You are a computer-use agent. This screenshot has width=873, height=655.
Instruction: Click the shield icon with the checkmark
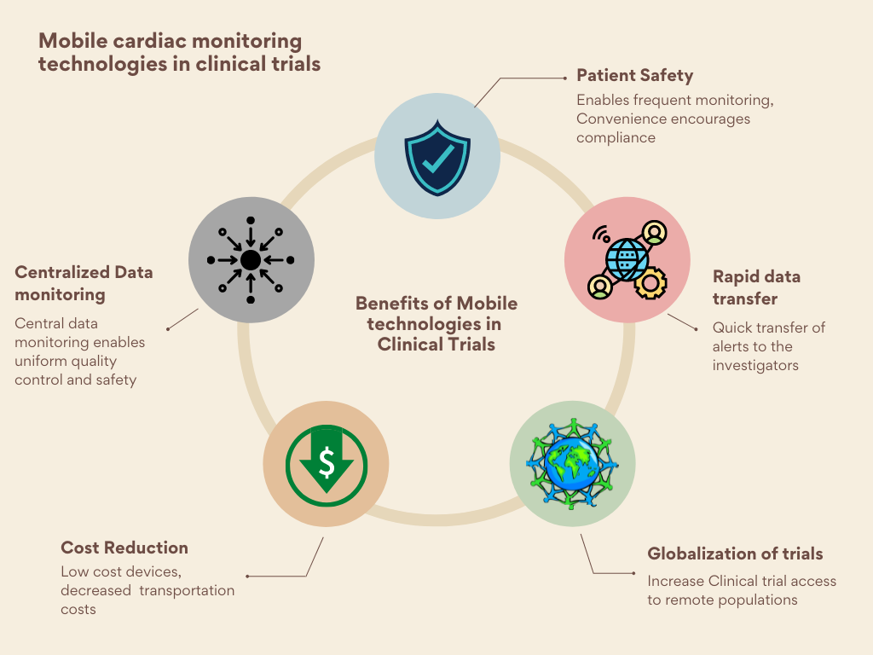click(x=437, y=158)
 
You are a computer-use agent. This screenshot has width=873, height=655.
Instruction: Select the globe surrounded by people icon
click(x=572, y=463)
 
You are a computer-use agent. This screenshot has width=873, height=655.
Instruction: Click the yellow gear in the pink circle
click(x=650, y=283)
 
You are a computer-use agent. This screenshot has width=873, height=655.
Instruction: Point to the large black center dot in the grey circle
click(x=251, y=260)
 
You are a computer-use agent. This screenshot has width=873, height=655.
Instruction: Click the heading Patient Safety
click(x=634, y=75)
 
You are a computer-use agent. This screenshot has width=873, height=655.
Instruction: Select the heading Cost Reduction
click(x=124, y=548)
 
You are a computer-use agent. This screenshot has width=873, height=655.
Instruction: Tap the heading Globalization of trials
click(x=735, y=554)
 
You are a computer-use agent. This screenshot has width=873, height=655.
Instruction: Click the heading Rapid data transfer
click(x=757, y=287)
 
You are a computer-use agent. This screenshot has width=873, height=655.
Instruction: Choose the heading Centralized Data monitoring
click(x=84, y=283)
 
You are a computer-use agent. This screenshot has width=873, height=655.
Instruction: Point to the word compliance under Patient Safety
click(x=616, y=138)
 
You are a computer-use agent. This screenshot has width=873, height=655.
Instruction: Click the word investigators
click(x=755, y=365)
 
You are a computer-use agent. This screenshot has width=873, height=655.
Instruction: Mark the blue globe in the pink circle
click(x=627, y=259)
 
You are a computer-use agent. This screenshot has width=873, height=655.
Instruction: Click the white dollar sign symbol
click(x=327, y=461)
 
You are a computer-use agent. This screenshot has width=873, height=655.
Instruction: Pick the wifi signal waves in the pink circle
click(x=601, y=234)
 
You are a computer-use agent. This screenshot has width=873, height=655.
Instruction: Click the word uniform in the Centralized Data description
click(x=38, y=361)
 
